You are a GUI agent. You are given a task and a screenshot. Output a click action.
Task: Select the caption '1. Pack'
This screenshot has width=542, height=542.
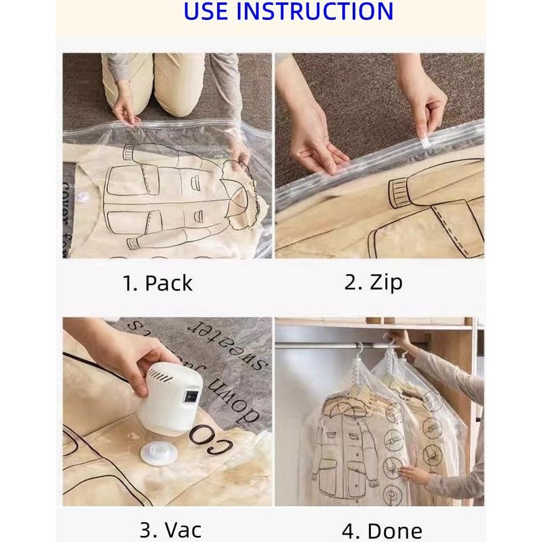pyautogui.click(x=158, y=283)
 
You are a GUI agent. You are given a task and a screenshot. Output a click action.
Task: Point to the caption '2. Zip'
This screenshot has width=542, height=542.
pyautogui.click(x=373, y=282)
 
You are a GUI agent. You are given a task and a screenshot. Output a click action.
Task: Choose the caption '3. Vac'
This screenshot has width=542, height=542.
pyautogui.click(x=171, y=529)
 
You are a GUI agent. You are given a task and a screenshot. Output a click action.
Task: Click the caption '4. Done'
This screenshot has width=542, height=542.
pyautogui.click(x=382, y=530)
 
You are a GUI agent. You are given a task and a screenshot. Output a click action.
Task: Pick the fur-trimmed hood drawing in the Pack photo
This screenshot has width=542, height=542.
pyautogui.click(x=240, y=194)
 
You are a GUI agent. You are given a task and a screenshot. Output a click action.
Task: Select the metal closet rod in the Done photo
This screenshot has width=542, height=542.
pyautogui.click(x=327, y=345)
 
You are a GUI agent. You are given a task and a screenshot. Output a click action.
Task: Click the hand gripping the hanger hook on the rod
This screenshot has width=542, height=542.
pyautogui.click(x=398, y=339)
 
